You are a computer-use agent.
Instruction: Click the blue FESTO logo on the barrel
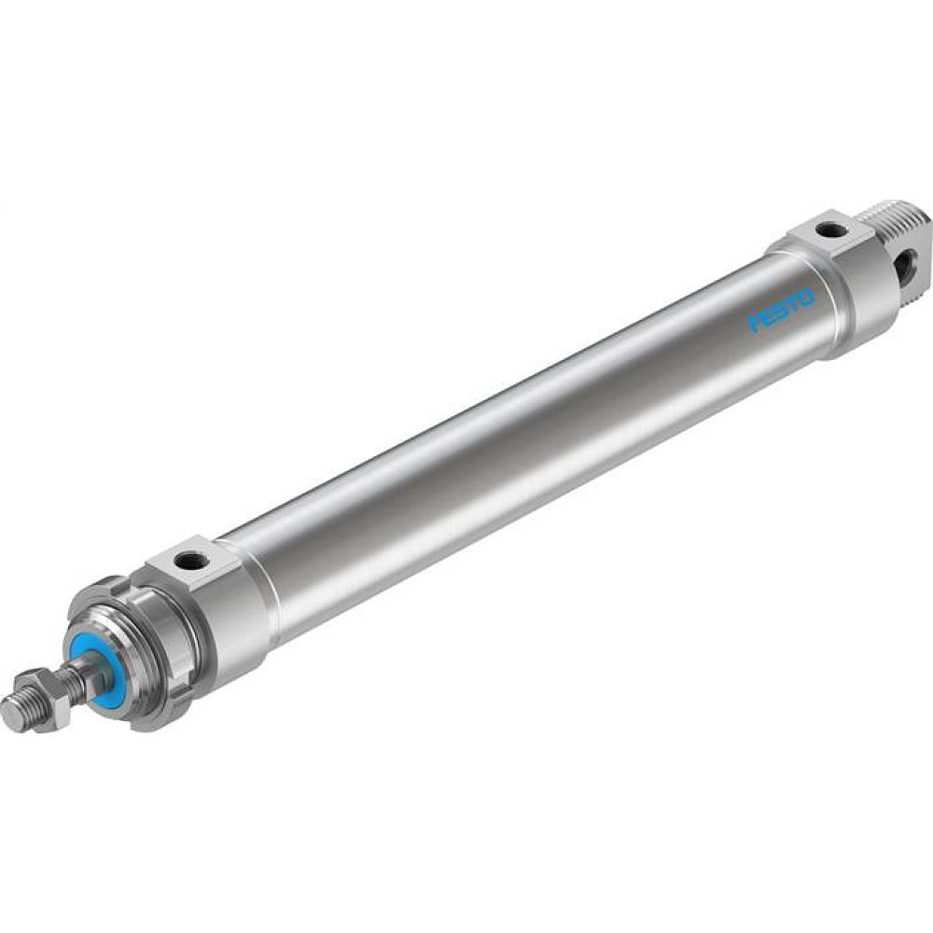pos(782,311)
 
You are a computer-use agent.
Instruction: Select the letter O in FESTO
pos(805,298)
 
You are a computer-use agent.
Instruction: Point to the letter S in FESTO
pos(782,312)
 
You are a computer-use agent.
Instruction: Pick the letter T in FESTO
pos(793,304)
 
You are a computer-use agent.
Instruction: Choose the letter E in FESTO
pos(771,318)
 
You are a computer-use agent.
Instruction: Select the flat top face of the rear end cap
pos(822,230)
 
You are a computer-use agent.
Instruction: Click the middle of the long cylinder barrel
pos(522,439)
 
